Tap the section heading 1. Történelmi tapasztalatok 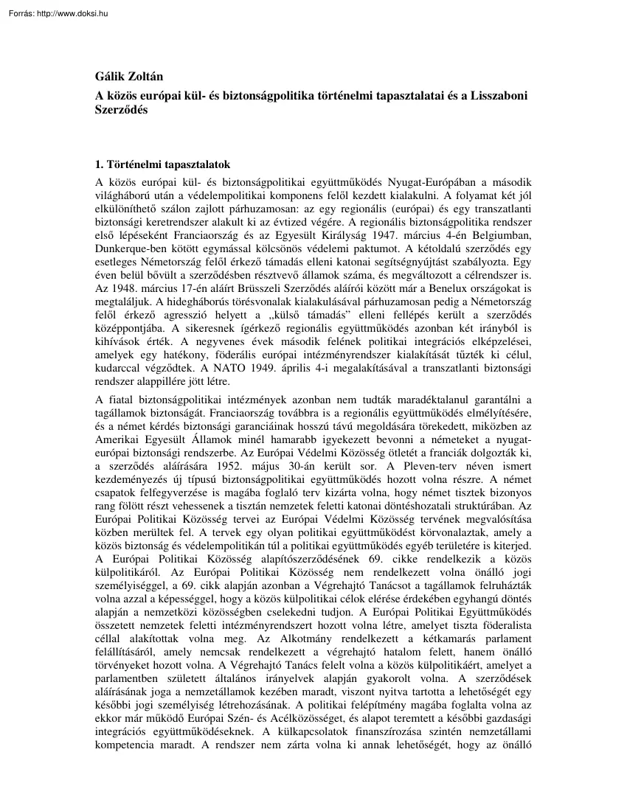coord(163,165)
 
